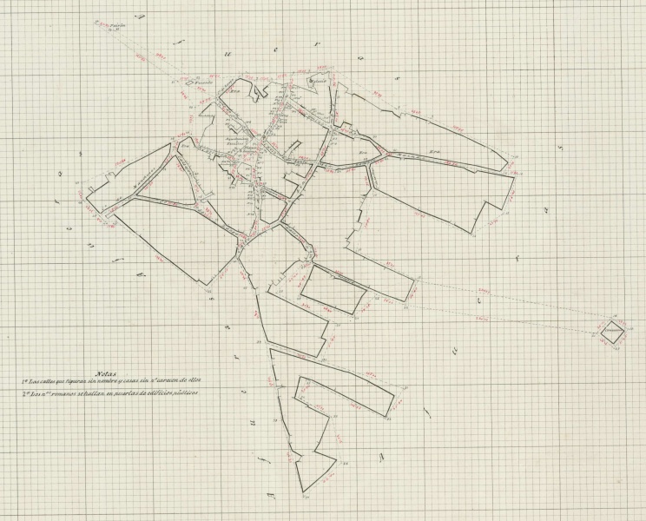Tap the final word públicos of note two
pyautogui.click(x=187, y=393)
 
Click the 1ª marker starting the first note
pyautogui.click(x=24, y=382)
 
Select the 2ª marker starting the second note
pyautogui.click(x=24, y=393)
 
